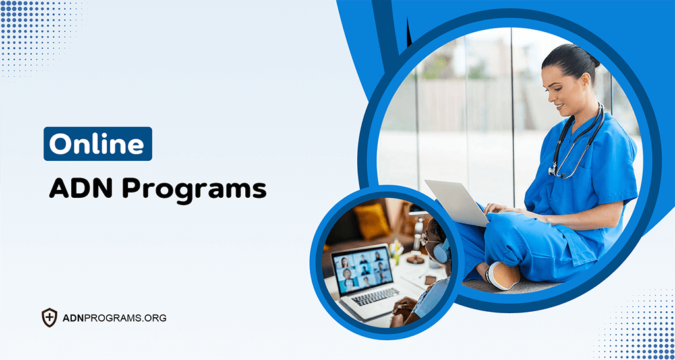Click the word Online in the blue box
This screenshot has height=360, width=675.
(98, 144)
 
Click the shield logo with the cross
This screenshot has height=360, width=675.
(49, 318)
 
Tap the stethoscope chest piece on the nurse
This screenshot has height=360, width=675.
(552, 170)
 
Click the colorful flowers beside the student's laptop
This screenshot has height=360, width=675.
(396, 249)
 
